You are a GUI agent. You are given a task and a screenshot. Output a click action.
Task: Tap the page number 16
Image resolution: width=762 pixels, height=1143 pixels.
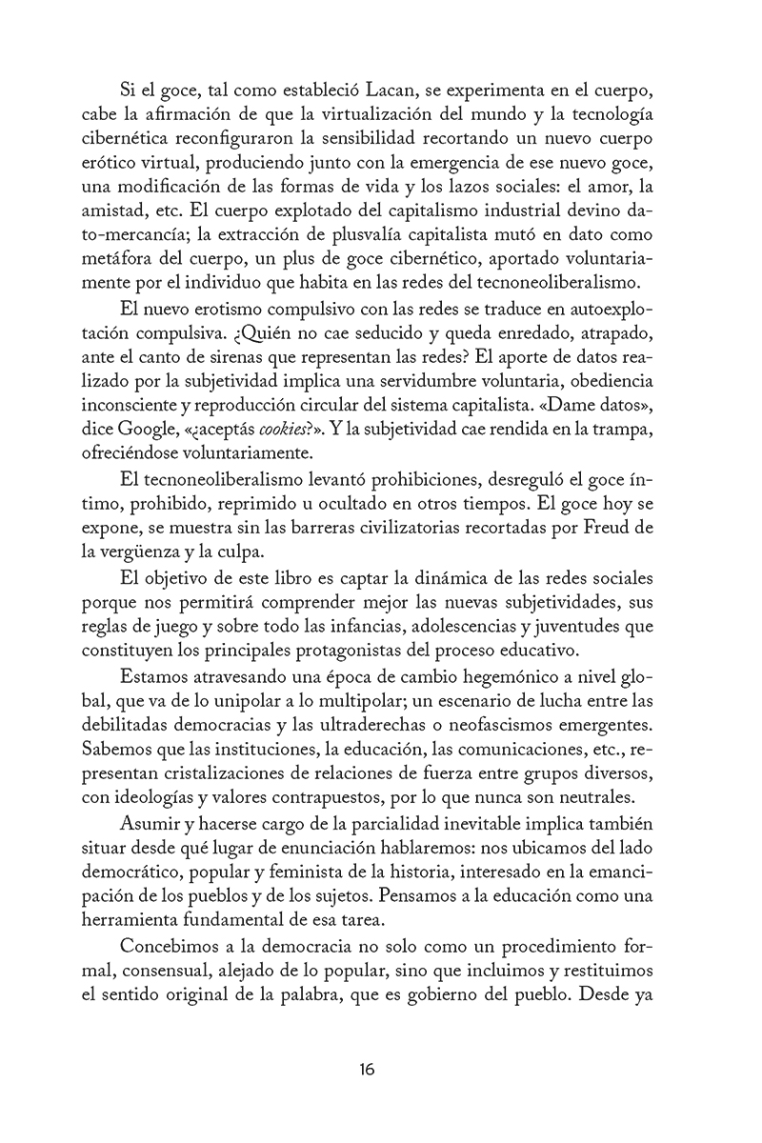367,1069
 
